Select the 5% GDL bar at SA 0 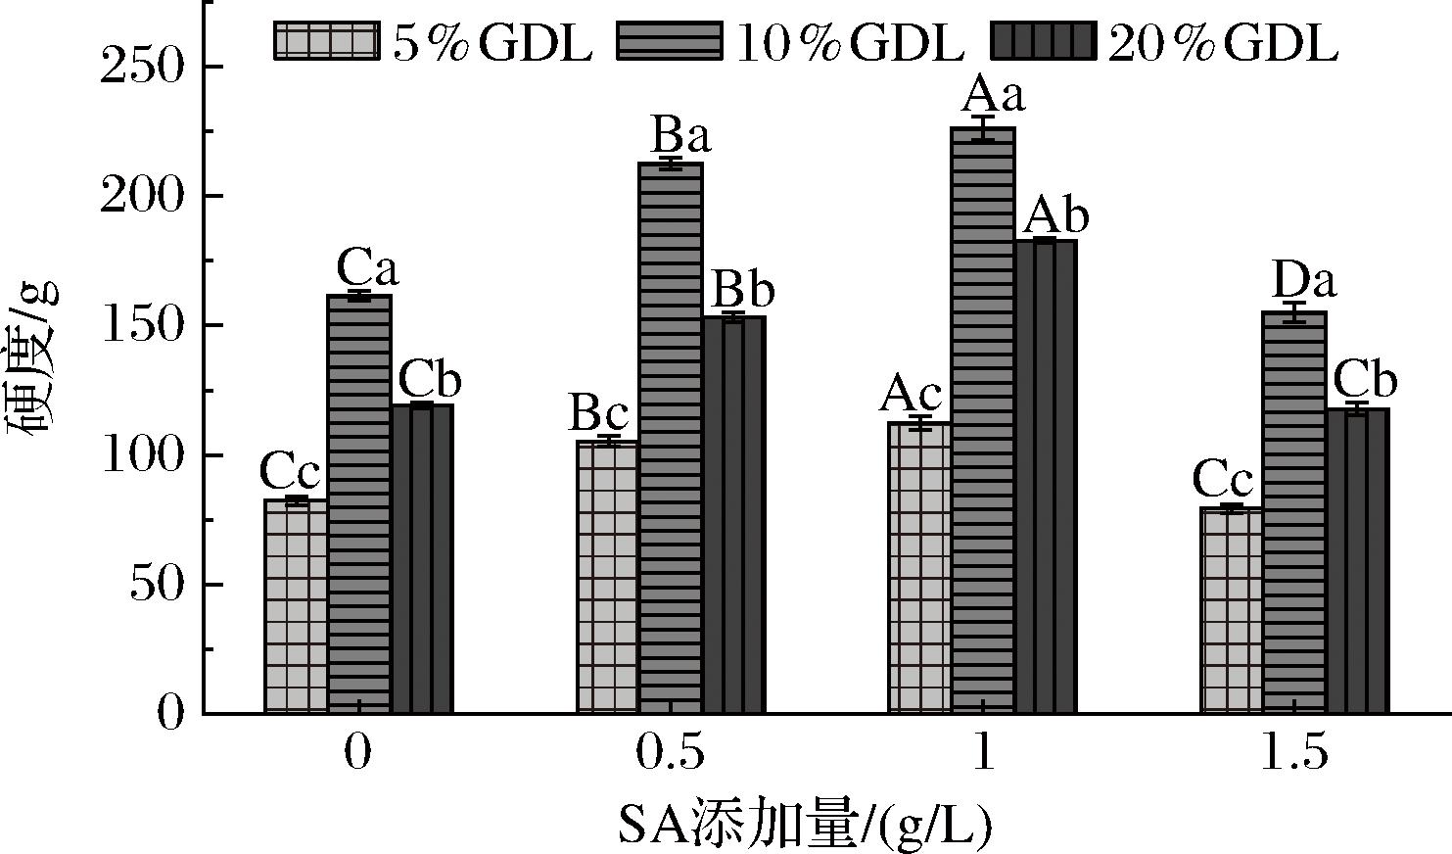(x=295, y=606)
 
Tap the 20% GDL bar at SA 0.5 (x=733, y=514)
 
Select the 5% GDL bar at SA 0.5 (x=607, y=578)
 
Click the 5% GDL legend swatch (x=325, y=42)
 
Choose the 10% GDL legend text (x=849, y=42)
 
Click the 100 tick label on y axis (x=144, y=455)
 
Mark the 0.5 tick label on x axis (x=670, y=755)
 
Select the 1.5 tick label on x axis (x=1294, y=755)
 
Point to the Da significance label (x=1303, y=282)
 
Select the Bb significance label (x=742, y=290)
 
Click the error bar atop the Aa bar (x=983, y=128)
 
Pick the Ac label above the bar (x=911, y=395)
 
